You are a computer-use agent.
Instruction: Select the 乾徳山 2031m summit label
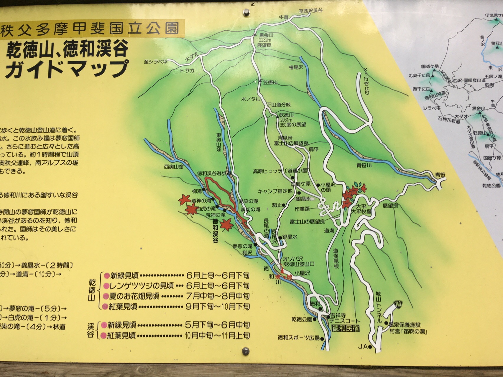(286, 115)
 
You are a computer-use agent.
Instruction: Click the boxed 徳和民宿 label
(345, 328)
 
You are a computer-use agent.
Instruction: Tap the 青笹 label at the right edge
(440, 175)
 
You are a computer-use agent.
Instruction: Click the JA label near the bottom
(363, 347)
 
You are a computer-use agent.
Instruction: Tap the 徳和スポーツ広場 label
(298, 338)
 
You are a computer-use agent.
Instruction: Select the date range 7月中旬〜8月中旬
(218, 296)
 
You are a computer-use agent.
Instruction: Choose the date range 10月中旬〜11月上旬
(218, 335)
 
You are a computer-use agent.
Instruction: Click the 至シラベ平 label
(155, 62)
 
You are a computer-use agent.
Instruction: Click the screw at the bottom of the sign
(245, 351)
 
